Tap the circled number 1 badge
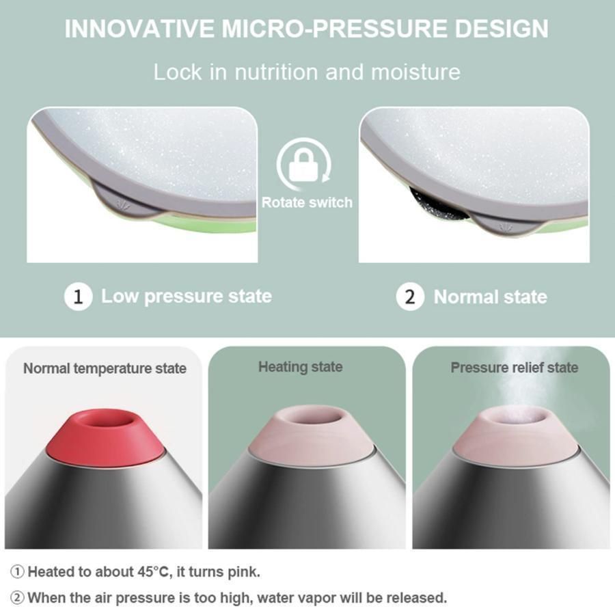(x=78, y=297)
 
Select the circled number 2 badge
(x=410, y=297)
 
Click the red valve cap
(x=105, y=435)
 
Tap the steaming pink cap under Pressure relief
(x=515, y=433)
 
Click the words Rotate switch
(x=307, y=202)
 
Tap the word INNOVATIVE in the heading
(x=139, y=29)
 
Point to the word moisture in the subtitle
(x=415, y=72)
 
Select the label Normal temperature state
(x=105, y=369)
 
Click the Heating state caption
(x=301, y=367)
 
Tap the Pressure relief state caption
(x=514, y=368)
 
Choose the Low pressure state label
(x=187, y=297)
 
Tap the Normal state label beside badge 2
(x=490, y=297)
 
